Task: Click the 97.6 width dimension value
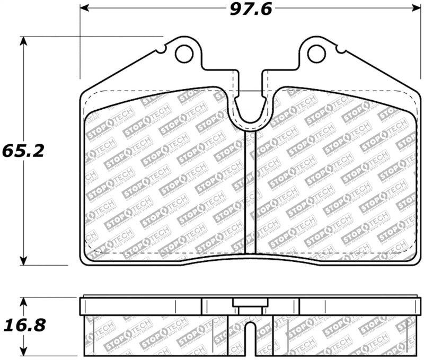point(248,10)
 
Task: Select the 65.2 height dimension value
point(22,150)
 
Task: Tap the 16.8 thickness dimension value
point(22,324)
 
